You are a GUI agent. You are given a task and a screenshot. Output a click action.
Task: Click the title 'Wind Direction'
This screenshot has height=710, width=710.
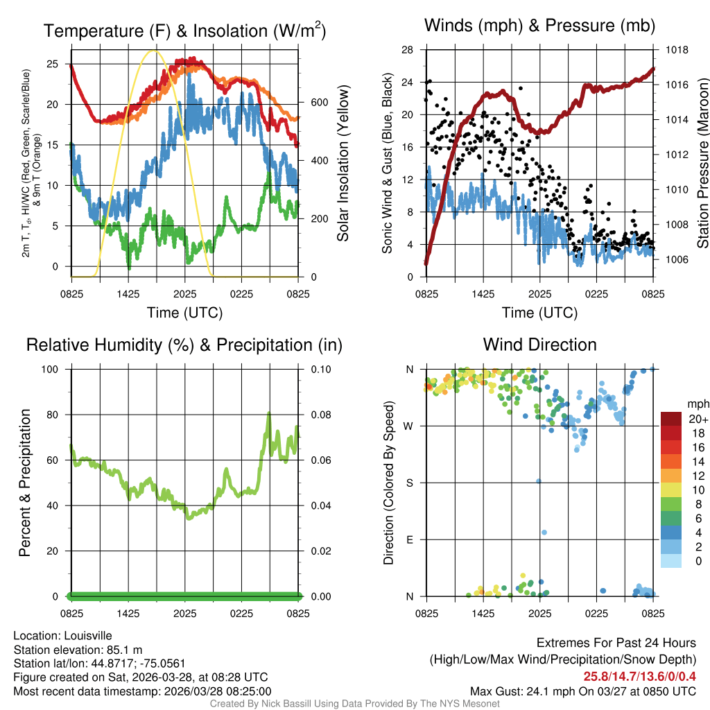(539, 345)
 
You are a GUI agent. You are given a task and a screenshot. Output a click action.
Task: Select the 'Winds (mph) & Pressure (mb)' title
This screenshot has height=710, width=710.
(539, 26)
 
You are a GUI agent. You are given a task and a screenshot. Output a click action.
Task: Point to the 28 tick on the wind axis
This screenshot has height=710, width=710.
(408, 50)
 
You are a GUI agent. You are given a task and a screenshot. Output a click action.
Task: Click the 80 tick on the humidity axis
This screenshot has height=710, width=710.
(55, 415)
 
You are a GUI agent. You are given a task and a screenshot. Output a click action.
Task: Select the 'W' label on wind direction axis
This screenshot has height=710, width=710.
(409, 426)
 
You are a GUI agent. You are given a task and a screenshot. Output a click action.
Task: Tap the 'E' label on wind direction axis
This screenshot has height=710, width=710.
(410, 539)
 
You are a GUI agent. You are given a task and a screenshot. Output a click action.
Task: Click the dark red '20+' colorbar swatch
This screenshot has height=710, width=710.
(671, 419)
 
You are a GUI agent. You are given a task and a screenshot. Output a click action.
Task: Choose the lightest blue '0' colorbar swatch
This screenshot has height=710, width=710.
(671, 562)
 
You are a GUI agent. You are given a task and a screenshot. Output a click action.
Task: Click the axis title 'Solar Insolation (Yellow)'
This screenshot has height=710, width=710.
(343, 164)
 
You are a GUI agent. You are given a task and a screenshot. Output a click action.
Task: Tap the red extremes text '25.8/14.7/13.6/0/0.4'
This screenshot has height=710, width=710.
(639, 677)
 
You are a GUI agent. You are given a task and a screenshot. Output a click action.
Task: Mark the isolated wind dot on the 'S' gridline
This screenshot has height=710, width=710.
(539, 481)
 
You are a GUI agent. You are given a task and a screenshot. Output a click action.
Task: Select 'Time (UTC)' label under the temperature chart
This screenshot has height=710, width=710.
(184, 313)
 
